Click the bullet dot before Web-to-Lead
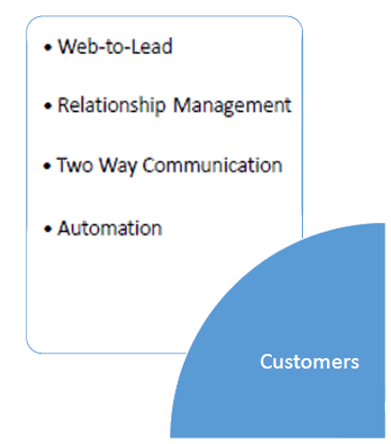tap(48, 47)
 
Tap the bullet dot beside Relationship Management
tap(48, 106)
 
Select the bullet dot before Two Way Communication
tap(47, 165)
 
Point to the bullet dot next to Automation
tap(48, 229)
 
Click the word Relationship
tap(111, 106)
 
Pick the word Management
tap(232, 106)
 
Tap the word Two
tap(75, 164)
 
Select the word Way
tap(118, 166)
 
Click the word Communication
tap(212, 164)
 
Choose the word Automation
tap(110, 228)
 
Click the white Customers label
tap(309, 361)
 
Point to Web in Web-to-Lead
tap(78, 46)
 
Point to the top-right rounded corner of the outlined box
tap(298, 20)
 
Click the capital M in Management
tap(183, 105)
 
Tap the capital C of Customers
tap(267, 361)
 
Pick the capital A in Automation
tap(65, 228)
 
